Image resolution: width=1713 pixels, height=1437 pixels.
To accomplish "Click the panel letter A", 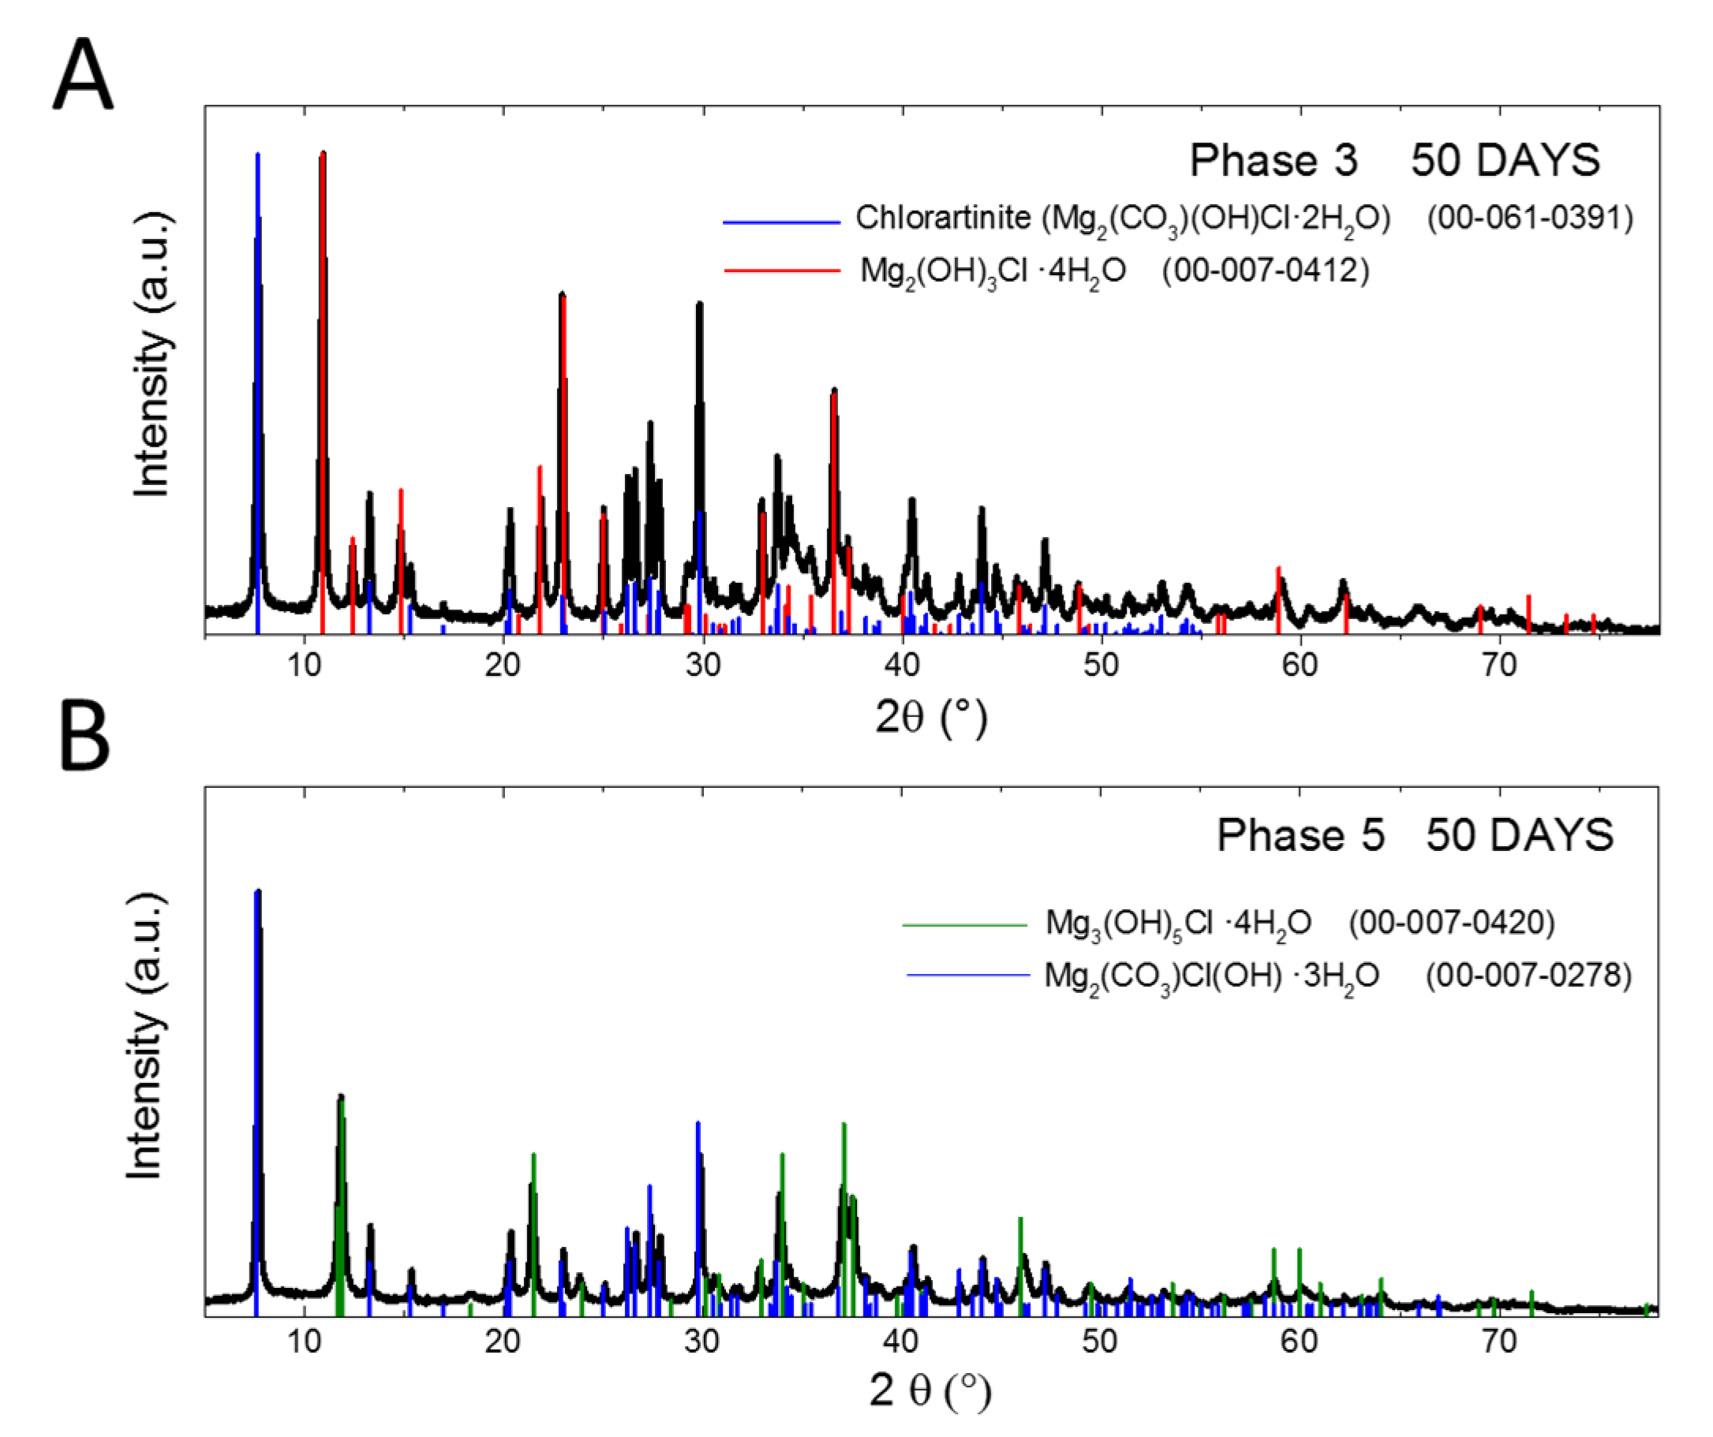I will coord(83,76).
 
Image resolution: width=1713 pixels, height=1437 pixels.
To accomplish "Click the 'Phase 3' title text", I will coord(1274,160).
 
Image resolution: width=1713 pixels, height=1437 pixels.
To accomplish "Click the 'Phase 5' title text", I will coord(1300,835).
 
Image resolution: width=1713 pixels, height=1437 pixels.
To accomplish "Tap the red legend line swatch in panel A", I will coord(781,271).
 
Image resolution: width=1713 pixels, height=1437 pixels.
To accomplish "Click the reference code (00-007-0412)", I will coord(1265,270).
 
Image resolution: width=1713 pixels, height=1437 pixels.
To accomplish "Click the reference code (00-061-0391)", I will coord(1529,218).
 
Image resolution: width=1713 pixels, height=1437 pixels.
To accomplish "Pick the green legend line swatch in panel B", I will coord(964,925).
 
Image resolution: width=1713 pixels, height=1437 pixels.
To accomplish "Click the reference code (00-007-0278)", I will coord(1528,976).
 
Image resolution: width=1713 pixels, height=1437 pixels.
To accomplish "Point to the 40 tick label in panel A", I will coord(901,665).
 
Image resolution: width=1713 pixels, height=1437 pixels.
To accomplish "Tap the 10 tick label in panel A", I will coord(305,665).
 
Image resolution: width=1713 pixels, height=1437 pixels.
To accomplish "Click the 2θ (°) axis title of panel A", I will coord(931,718).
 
